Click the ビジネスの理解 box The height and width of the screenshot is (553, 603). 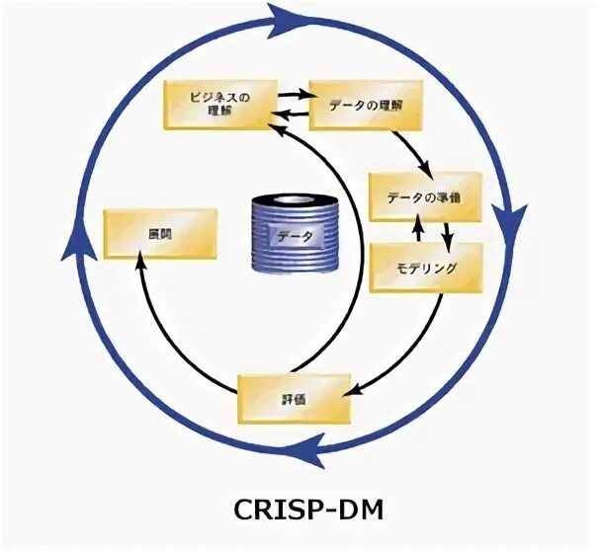(x=219, y=104)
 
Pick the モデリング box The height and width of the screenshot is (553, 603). (x=427, y=268)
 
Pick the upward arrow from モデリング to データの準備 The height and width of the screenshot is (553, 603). (x=417, y=232)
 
